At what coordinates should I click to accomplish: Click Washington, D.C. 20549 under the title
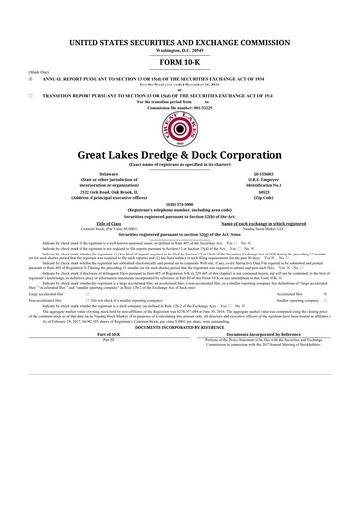pos(179,22)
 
